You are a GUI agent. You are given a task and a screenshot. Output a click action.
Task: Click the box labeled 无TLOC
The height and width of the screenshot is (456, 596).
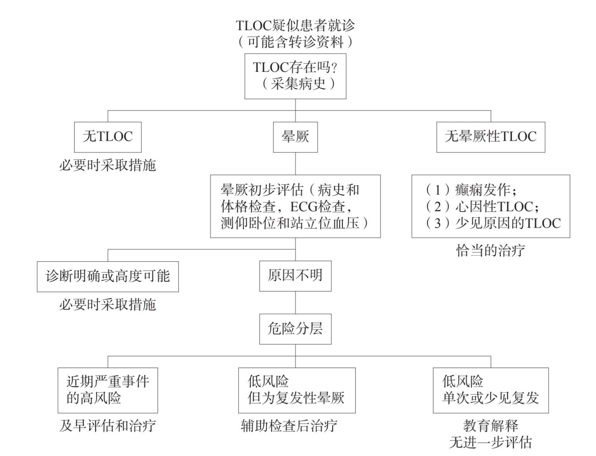click(108, 137)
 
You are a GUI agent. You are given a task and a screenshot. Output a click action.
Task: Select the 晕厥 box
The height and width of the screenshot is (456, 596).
click(295, 137)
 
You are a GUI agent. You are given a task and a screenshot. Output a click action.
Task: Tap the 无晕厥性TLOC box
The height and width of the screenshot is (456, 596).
click(491, 137)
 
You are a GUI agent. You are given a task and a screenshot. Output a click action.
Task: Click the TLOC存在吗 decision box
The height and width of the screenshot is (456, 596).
click(295, 76)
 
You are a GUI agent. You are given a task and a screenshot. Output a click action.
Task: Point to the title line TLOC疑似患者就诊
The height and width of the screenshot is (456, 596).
click(295, 26)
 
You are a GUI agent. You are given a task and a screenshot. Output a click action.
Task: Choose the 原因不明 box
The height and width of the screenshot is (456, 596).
click(295, 276)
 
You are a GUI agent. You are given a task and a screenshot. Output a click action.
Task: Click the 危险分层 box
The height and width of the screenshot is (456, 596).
click(295, 329)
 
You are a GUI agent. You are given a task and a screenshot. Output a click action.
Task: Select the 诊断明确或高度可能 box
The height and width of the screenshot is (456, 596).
click(108, 276)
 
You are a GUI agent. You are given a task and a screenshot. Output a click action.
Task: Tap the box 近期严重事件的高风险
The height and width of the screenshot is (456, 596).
click(108, 390)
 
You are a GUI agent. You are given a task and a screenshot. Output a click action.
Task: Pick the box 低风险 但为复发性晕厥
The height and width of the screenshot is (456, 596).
click(297, 390)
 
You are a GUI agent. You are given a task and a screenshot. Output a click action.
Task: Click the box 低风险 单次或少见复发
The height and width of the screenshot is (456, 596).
click(491, 390)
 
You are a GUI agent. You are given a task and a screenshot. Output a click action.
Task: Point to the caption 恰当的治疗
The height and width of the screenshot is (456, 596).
click(490, 250)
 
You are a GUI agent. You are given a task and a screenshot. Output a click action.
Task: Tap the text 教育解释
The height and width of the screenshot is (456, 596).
click(491, 426)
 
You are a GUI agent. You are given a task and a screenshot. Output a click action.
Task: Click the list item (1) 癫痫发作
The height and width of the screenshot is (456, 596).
click(471, 190)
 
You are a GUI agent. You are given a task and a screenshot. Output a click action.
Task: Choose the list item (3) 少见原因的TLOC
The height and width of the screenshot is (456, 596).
click(493, 223)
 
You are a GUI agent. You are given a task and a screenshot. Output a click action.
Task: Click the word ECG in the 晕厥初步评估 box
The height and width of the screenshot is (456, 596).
click(303, 207)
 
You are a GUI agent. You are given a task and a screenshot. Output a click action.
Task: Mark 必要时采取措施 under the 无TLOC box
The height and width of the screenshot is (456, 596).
click(107, 165)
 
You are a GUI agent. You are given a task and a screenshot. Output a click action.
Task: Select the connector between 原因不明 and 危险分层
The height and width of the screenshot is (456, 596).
click(295, 302)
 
